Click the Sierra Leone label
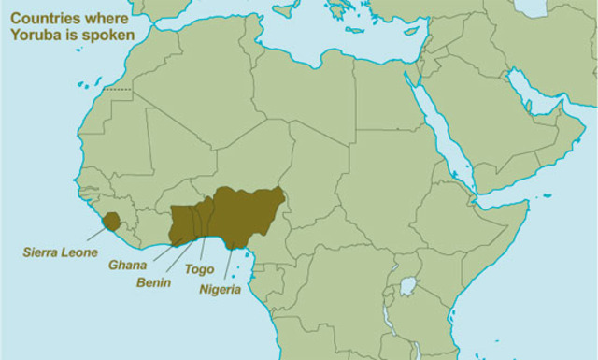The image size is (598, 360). pos(61,252)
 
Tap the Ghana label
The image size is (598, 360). pos(127,266)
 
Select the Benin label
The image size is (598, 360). pos(153,281)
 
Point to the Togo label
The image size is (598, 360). pos(199,268)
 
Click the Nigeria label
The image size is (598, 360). pos(221,289)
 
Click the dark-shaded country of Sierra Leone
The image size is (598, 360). pos(111,221)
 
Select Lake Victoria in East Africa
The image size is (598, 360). pos(408,285)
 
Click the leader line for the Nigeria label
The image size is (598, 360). pos(227,262)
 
